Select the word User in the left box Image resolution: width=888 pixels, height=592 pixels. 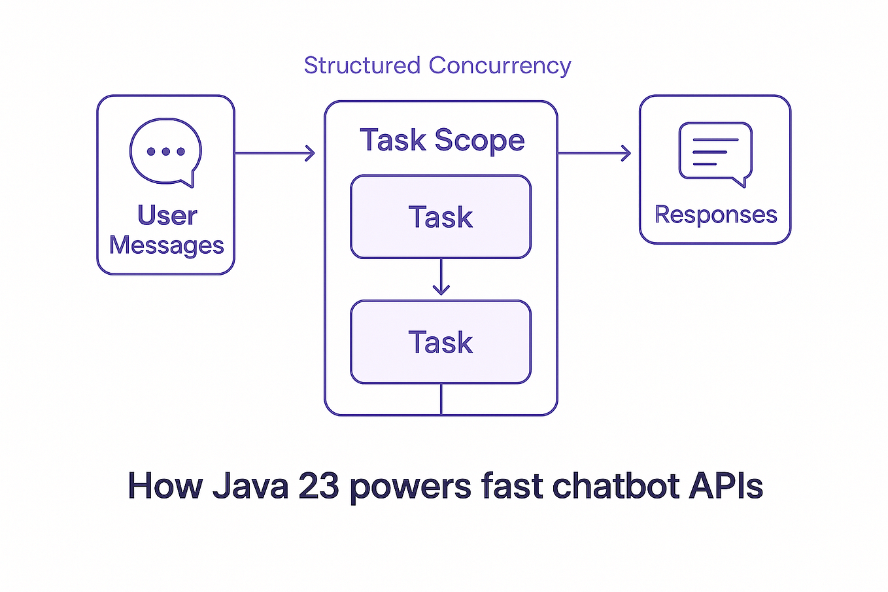(x=167, y=215)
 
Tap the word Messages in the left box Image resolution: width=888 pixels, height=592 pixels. (x=166, y=245)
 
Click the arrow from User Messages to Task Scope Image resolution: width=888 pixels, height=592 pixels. (x=275, y=153)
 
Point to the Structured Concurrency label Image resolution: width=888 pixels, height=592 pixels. (x=437, y=65)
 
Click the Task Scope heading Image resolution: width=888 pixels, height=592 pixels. (x=442, y=140)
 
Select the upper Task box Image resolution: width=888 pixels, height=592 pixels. (x=441, y=217)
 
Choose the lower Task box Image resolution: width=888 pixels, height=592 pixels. (x=441, y=342)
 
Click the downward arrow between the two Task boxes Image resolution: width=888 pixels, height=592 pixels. (x=441, y=277)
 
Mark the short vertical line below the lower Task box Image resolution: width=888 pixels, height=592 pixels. (x=441, y=399)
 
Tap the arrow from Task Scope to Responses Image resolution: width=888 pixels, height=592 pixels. (x=594, y=153)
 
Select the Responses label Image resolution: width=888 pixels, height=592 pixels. (x=715, y=215)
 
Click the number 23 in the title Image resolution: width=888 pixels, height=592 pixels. (x=318, y=486)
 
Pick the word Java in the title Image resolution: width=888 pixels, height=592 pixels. (x=250, y=486)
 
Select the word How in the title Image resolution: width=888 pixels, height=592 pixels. (x=165, y=486)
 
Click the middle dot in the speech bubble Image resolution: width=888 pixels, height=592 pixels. (x=165, y=152)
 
